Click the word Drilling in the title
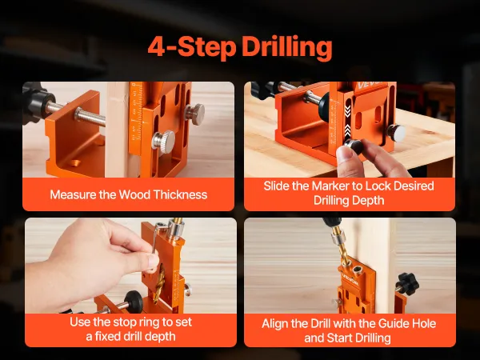click(287, 47)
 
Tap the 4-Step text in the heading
click(192, 47)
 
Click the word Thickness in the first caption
click(180, 195)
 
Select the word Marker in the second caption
click(330, 186)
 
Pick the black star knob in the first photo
click(34, 101)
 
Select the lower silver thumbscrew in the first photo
click(163, 142)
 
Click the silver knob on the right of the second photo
click(396, 132)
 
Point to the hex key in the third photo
click(156, 236)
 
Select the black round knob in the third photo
click(134, 301)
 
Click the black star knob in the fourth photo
click(408, 283)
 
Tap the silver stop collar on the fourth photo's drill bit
click(338, 238)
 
